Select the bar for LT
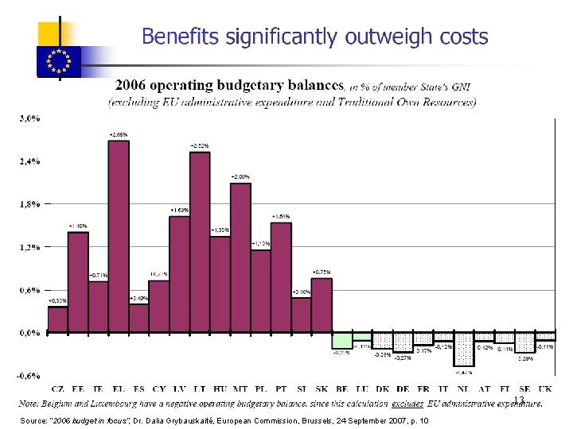(200, 242)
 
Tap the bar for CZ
(57, 319)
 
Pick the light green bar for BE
(342, 340)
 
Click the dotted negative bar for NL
(464, 350)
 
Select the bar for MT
(240, 257)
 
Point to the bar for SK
(322, 305)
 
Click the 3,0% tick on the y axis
(29, 119)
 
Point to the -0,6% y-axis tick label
(29, 376)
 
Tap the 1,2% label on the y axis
(29, 247)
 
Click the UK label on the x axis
(545, 388)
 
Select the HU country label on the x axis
(220, 388)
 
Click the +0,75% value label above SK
(322, 272)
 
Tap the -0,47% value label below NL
(464, 372)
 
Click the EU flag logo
(60, 60)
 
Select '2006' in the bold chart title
(135, 85)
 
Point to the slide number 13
(518, 400)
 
